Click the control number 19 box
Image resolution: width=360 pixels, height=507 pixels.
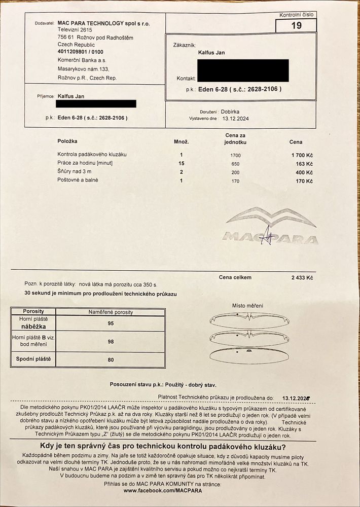pyautogui.click(x=296, y=25)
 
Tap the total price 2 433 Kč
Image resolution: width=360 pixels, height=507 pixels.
pyautogui.click(x=302, y=278)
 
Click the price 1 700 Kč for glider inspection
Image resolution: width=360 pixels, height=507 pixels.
pyautogui.click(x=302, y=155)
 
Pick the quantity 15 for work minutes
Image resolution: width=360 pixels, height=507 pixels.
pyautogui.click(x=182, y=163)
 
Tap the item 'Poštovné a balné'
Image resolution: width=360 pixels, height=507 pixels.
pyautogui.click(x=78, y=180)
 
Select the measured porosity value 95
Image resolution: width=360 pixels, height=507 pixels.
pyautogui.click(x=111, y=323)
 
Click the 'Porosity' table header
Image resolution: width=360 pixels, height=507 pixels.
pyautogui.click(x=33, y=311)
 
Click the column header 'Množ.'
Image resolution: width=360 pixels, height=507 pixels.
pyautogui.click(x=181, y=141)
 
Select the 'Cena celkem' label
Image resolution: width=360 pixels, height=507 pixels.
pyautogui.click(x=235, y=277)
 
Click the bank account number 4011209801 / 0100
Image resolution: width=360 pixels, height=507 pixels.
pyautogui.click(x=81, y=51)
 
